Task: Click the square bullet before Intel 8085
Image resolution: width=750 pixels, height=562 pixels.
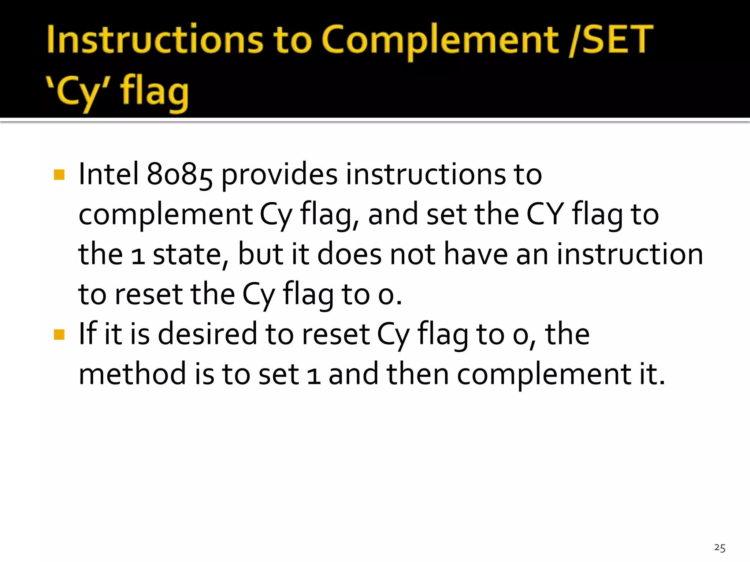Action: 59,175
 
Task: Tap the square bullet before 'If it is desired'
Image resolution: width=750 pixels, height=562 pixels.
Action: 59,334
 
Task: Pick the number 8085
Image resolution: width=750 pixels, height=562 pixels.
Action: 179,175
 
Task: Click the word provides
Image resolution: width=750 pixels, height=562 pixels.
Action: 279,175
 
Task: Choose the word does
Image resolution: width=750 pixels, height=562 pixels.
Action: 349,254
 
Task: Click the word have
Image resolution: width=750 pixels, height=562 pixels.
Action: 476,254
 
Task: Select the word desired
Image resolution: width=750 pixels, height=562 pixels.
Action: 208,334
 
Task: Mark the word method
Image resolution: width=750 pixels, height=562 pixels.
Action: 132,374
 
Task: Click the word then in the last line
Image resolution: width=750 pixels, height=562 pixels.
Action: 418,374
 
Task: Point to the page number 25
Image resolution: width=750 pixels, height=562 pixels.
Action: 720,548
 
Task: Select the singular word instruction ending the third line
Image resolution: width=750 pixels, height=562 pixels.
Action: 630,254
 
